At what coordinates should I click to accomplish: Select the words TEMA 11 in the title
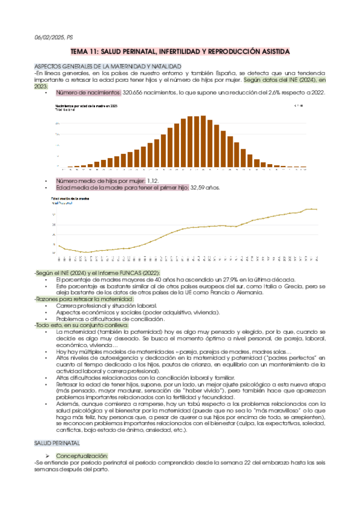click(87, 52)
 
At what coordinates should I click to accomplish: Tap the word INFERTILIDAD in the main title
click(191, 52)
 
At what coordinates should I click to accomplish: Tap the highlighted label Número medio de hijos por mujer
click(100, 180)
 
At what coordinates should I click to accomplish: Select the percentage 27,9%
click(232, 280)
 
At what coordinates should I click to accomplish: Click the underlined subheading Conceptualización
click(82, 456)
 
